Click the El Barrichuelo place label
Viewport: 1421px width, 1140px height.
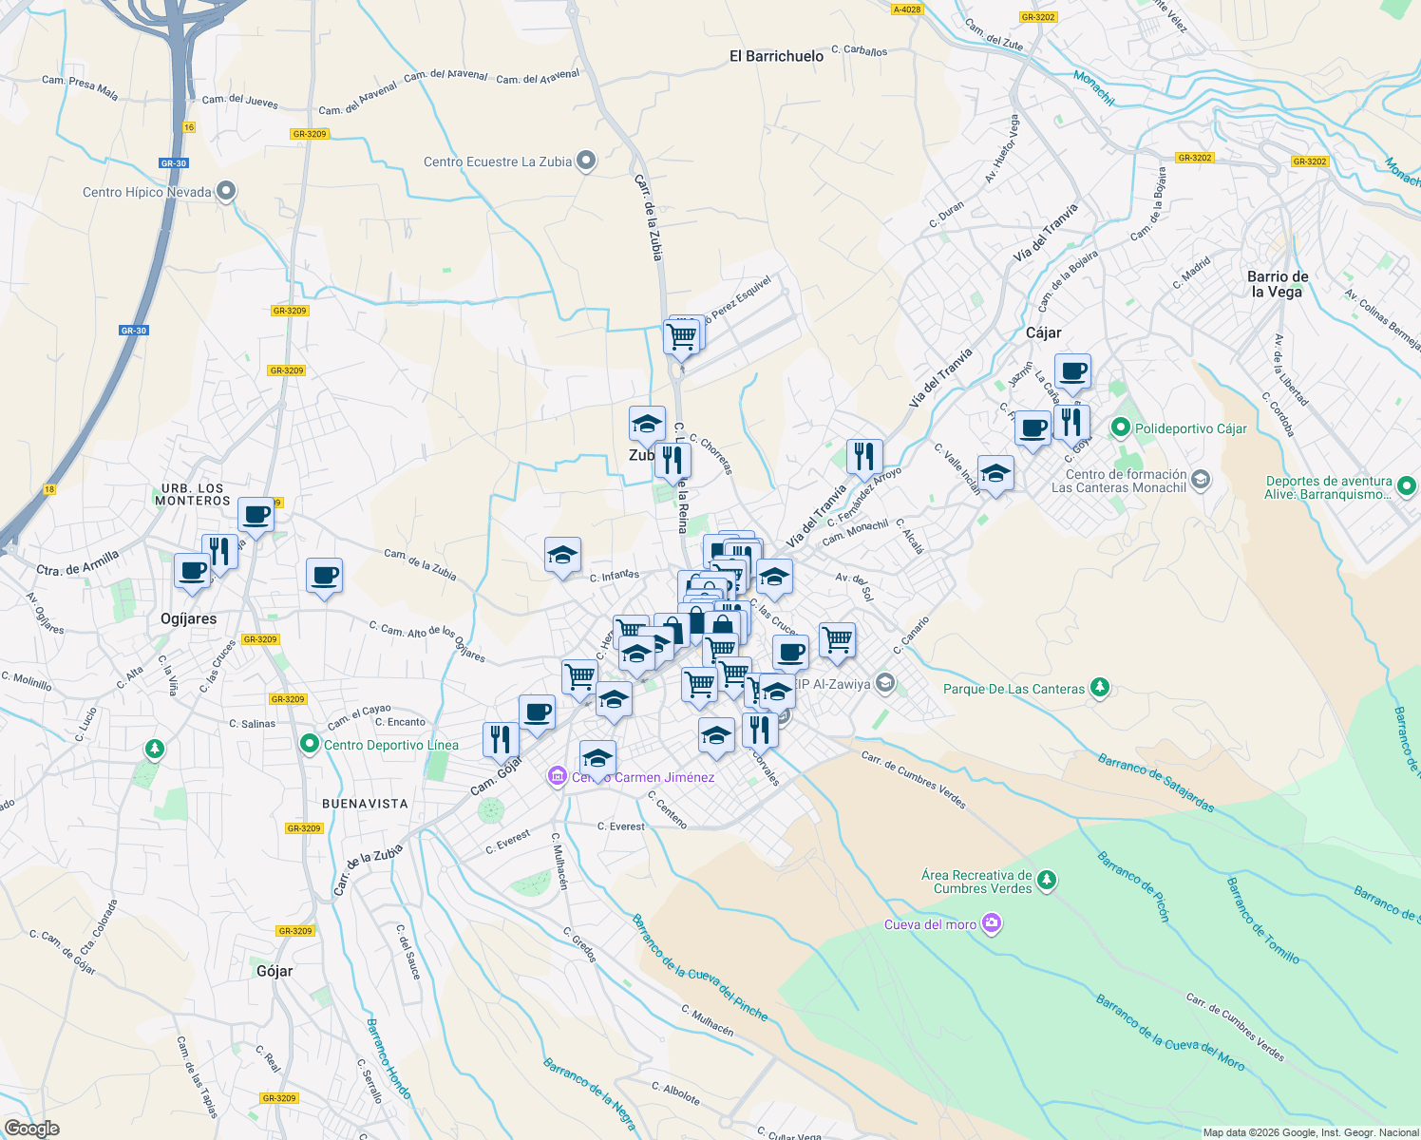click(776, 56)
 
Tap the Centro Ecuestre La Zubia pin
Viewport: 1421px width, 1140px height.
click(586, 161)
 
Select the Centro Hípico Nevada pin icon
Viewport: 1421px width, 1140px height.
click(225, 191)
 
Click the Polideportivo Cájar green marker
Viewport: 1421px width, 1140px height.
click(1121, 428)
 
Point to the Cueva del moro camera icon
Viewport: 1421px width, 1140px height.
click(992, 923)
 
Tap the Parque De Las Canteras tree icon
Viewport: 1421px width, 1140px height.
click(1100, 687)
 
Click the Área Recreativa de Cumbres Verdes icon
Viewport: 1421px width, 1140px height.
click(1047, 881)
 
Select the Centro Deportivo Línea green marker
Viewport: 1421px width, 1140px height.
click(309, 744)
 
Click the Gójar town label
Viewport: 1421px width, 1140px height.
click(275, 971)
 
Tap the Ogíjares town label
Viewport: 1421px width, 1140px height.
click(188, 618)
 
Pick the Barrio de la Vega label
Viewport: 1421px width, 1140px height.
click(1278, 284)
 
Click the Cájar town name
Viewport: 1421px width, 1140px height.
click(1043, 332)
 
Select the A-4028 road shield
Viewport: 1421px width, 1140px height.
click(907, 9)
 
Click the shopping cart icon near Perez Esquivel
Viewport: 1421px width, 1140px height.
click(681, 336)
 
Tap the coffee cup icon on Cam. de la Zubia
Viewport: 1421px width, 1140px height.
click(324, 575)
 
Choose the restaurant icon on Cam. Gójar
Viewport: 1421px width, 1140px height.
click(501, 739)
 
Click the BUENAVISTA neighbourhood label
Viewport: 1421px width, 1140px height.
click(365, 804)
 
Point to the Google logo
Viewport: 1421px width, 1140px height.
click(31, 1129)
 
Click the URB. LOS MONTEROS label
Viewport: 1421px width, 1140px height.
click(193, 494)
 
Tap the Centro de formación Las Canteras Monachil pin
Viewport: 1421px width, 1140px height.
click(1201, 480)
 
